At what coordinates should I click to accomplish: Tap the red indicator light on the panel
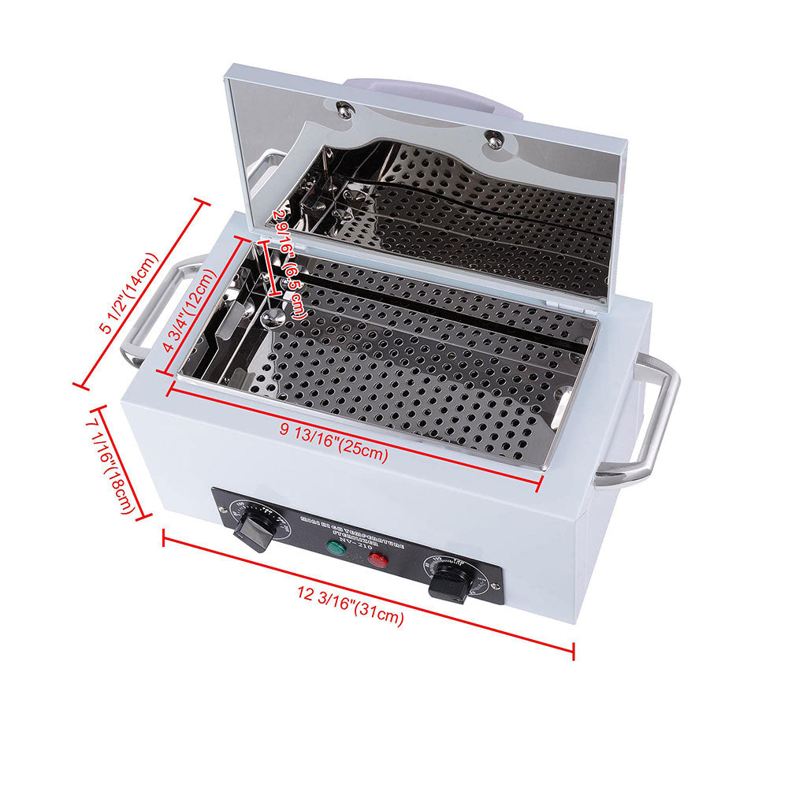click(x=378, y=560)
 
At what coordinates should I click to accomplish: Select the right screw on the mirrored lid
click(x=494, y=140)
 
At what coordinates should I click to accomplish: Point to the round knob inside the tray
click(x=273, y=318)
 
